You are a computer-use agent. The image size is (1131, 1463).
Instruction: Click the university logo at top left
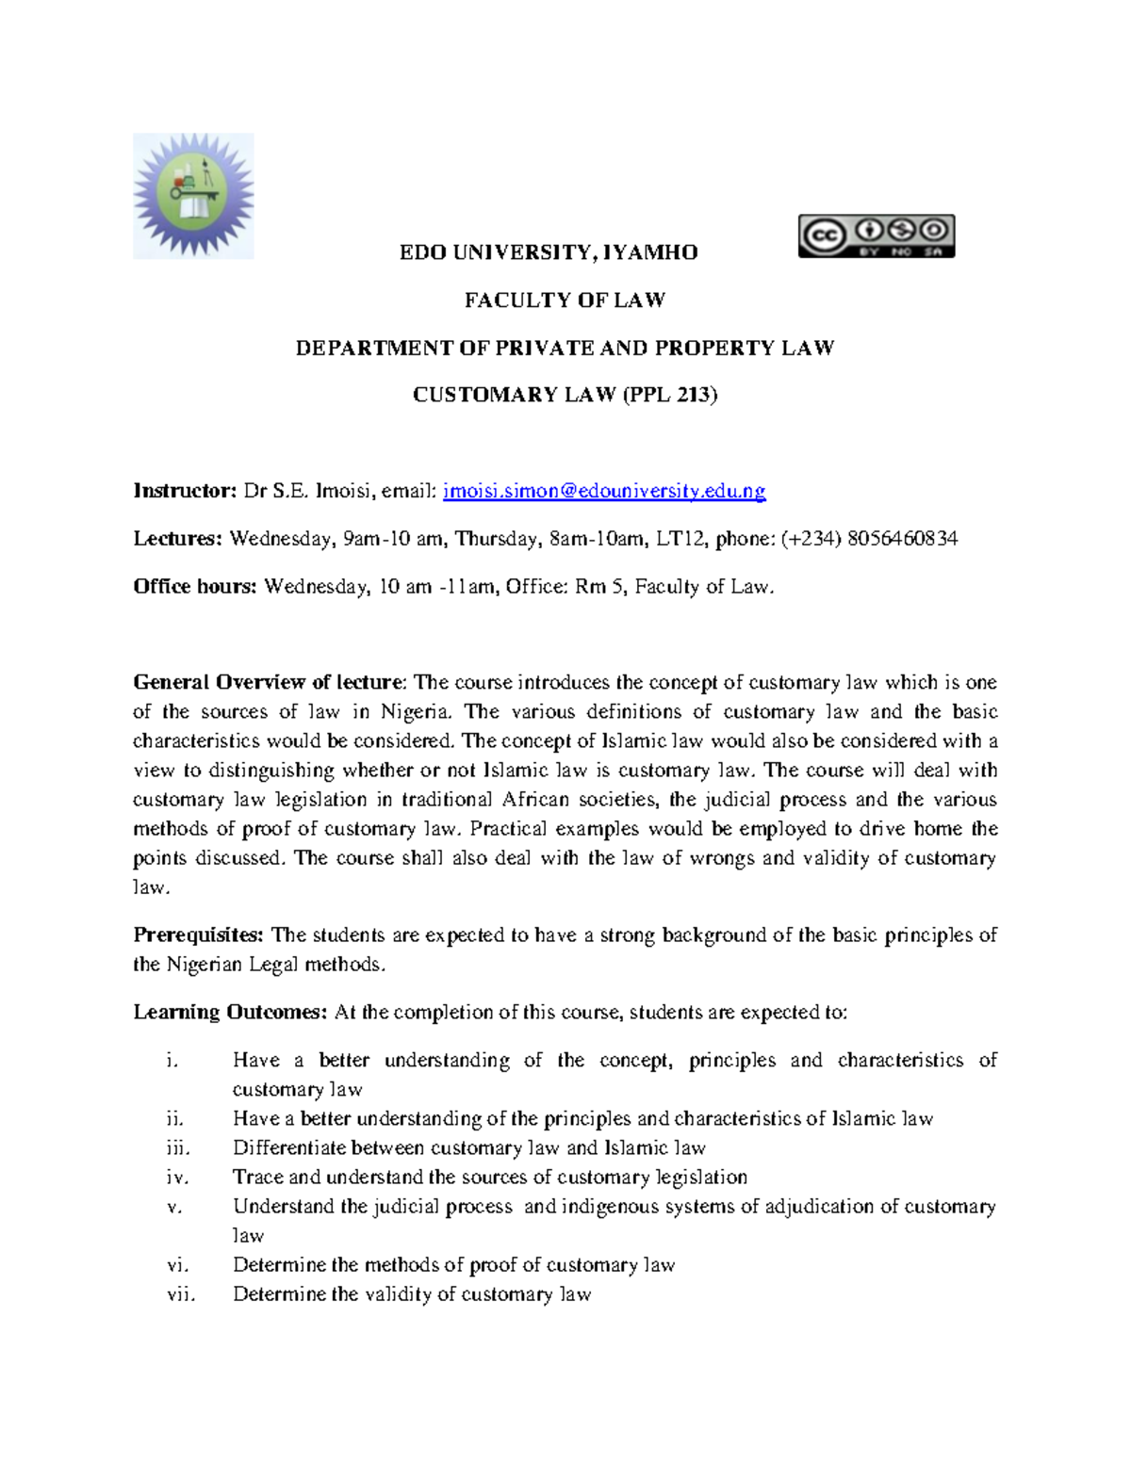point(193,196)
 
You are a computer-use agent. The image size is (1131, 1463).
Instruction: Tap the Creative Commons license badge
point(877,236)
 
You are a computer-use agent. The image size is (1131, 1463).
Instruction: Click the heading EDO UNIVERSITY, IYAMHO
point(549,252)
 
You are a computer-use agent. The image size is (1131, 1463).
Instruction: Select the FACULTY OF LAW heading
point(565,301)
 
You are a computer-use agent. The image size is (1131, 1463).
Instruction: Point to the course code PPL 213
point(669,396)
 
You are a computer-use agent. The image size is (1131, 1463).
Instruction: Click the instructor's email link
point(604,491)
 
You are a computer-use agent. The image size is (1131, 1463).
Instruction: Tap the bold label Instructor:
point(185,491)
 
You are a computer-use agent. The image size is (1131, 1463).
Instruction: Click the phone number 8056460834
point(902,539)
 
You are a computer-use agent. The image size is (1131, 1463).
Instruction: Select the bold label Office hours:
point(194,587)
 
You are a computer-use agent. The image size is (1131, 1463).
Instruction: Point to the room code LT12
point(680,539)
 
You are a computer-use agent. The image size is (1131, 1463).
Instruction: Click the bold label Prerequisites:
point(199,935)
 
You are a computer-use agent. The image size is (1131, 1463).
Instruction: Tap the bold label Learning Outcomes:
point(230,1013)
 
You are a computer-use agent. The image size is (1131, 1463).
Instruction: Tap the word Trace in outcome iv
point(257,1178)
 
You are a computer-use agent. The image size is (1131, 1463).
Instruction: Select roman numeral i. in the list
point(171,1061)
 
